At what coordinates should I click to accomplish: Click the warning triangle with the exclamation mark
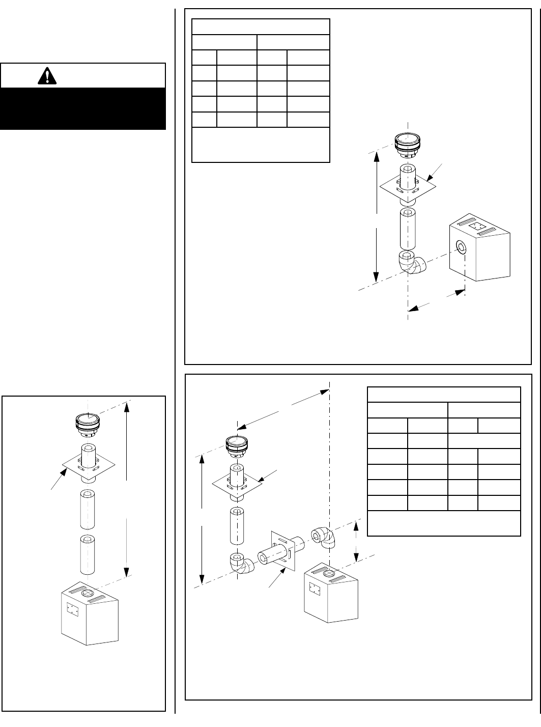47,76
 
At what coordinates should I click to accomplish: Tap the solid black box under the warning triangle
83,108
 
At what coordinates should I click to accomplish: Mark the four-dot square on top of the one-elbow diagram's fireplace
477,226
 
